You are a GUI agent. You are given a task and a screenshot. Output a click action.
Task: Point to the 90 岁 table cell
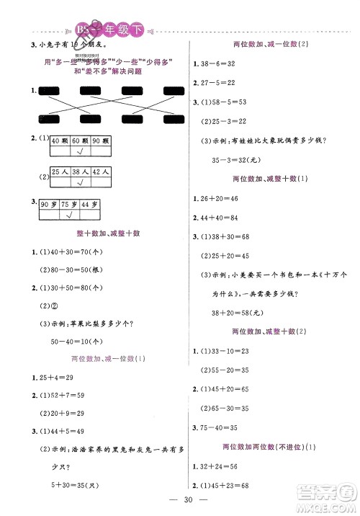(49, 205)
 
